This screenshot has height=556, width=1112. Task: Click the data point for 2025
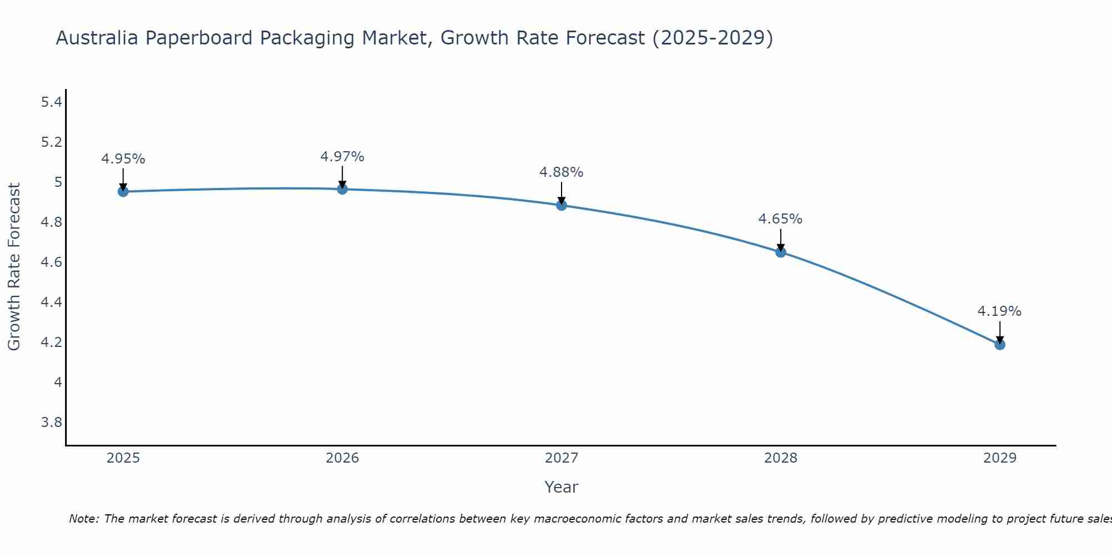123,192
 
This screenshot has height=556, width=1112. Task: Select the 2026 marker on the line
342,189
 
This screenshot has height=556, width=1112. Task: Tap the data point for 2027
561,205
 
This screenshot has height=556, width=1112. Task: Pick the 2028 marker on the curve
780,252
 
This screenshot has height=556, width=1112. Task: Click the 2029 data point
999,345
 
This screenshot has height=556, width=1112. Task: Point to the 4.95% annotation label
123,159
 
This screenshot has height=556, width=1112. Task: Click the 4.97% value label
342,157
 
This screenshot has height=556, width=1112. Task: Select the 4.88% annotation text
561,172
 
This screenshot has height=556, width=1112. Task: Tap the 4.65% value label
780,219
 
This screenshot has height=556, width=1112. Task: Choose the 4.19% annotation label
999,311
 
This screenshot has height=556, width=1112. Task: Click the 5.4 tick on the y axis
52,102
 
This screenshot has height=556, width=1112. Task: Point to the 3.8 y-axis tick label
52,423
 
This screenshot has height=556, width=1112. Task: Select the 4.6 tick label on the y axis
52,262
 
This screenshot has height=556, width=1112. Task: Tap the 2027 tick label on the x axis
561,458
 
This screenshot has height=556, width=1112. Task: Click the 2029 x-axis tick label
999,458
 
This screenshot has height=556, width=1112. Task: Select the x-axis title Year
561,487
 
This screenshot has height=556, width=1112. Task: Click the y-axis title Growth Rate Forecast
14,267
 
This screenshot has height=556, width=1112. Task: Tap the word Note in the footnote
83,519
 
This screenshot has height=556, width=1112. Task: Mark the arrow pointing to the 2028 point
780,240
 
